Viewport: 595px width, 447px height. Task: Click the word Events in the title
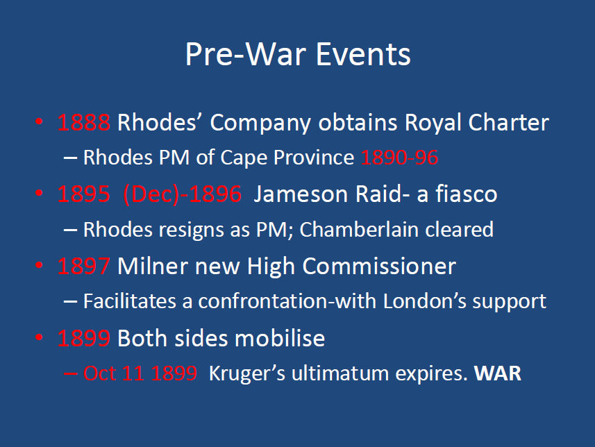(363, 54)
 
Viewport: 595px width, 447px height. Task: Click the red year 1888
(84, 123)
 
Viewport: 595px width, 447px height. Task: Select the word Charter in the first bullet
(508, 123)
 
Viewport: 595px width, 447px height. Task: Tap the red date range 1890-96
(400, 158)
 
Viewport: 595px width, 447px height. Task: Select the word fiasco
(467, 194)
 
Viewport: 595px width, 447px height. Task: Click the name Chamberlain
(359, 230)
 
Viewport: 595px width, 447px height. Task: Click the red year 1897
(84, 266)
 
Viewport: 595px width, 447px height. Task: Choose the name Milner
(153, 266)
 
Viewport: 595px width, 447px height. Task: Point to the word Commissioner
(379, 266)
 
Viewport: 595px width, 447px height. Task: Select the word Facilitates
(130, 301)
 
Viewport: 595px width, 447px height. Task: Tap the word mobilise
(280, 338)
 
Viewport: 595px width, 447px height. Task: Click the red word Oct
(100, 373)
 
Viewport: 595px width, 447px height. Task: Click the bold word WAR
(498, 373)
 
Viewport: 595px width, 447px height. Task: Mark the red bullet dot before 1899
(39, 337)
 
